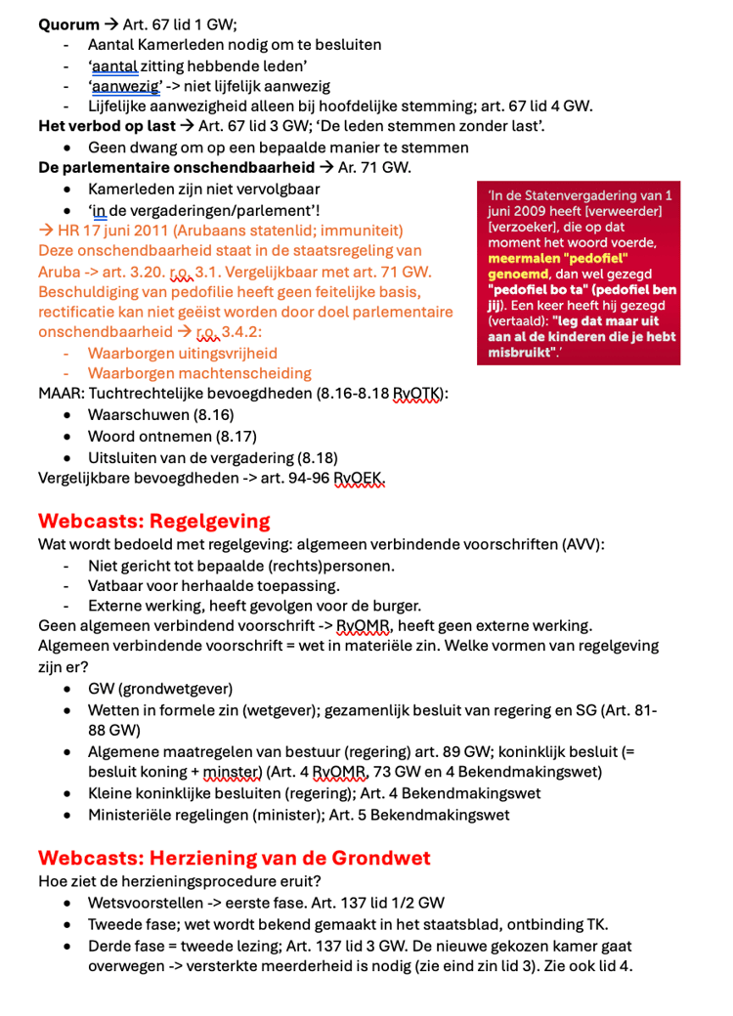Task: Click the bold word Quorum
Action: tap(68, 24)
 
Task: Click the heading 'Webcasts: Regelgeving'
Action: tap(153, 521)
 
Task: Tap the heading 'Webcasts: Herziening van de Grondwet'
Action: tap(234, 859)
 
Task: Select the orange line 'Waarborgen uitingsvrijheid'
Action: tap(183, 354)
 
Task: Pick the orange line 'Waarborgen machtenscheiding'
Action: tap(199, 373)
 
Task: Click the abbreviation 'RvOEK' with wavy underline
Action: tap(359, 478)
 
